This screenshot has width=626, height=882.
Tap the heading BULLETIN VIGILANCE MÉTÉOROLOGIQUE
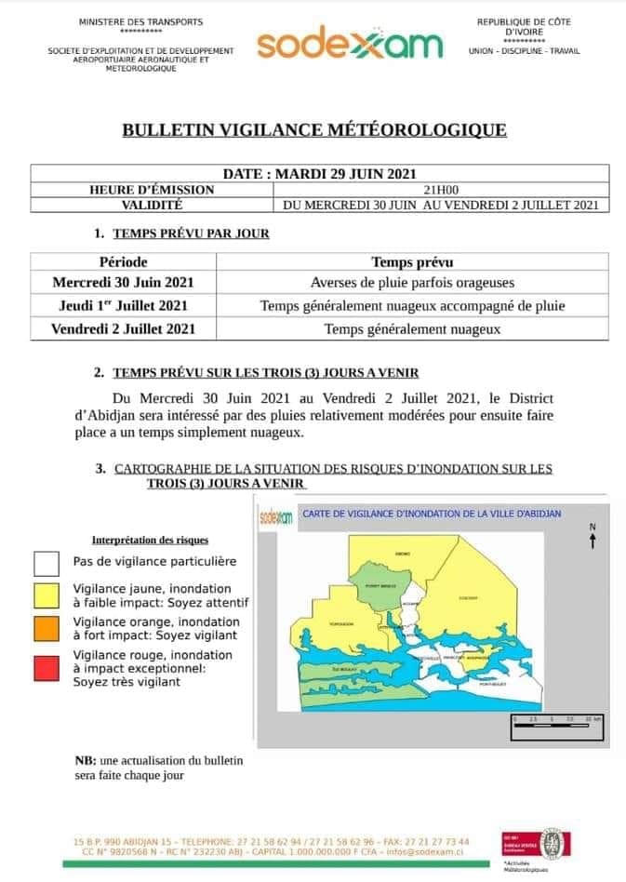(313, 130)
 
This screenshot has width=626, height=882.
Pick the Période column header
(123, 262)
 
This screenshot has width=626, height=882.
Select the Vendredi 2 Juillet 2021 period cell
(123, 328)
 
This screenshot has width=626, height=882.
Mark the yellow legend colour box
(47, 595)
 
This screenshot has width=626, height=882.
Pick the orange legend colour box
(47, 628)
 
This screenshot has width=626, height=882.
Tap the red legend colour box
(47, 667)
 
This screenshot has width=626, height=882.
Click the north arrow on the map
(592, 538)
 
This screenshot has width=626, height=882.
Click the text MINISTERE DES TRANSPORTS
(141, 20)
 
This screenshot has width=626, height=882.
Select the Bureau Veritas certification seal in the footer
(554, 843)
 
